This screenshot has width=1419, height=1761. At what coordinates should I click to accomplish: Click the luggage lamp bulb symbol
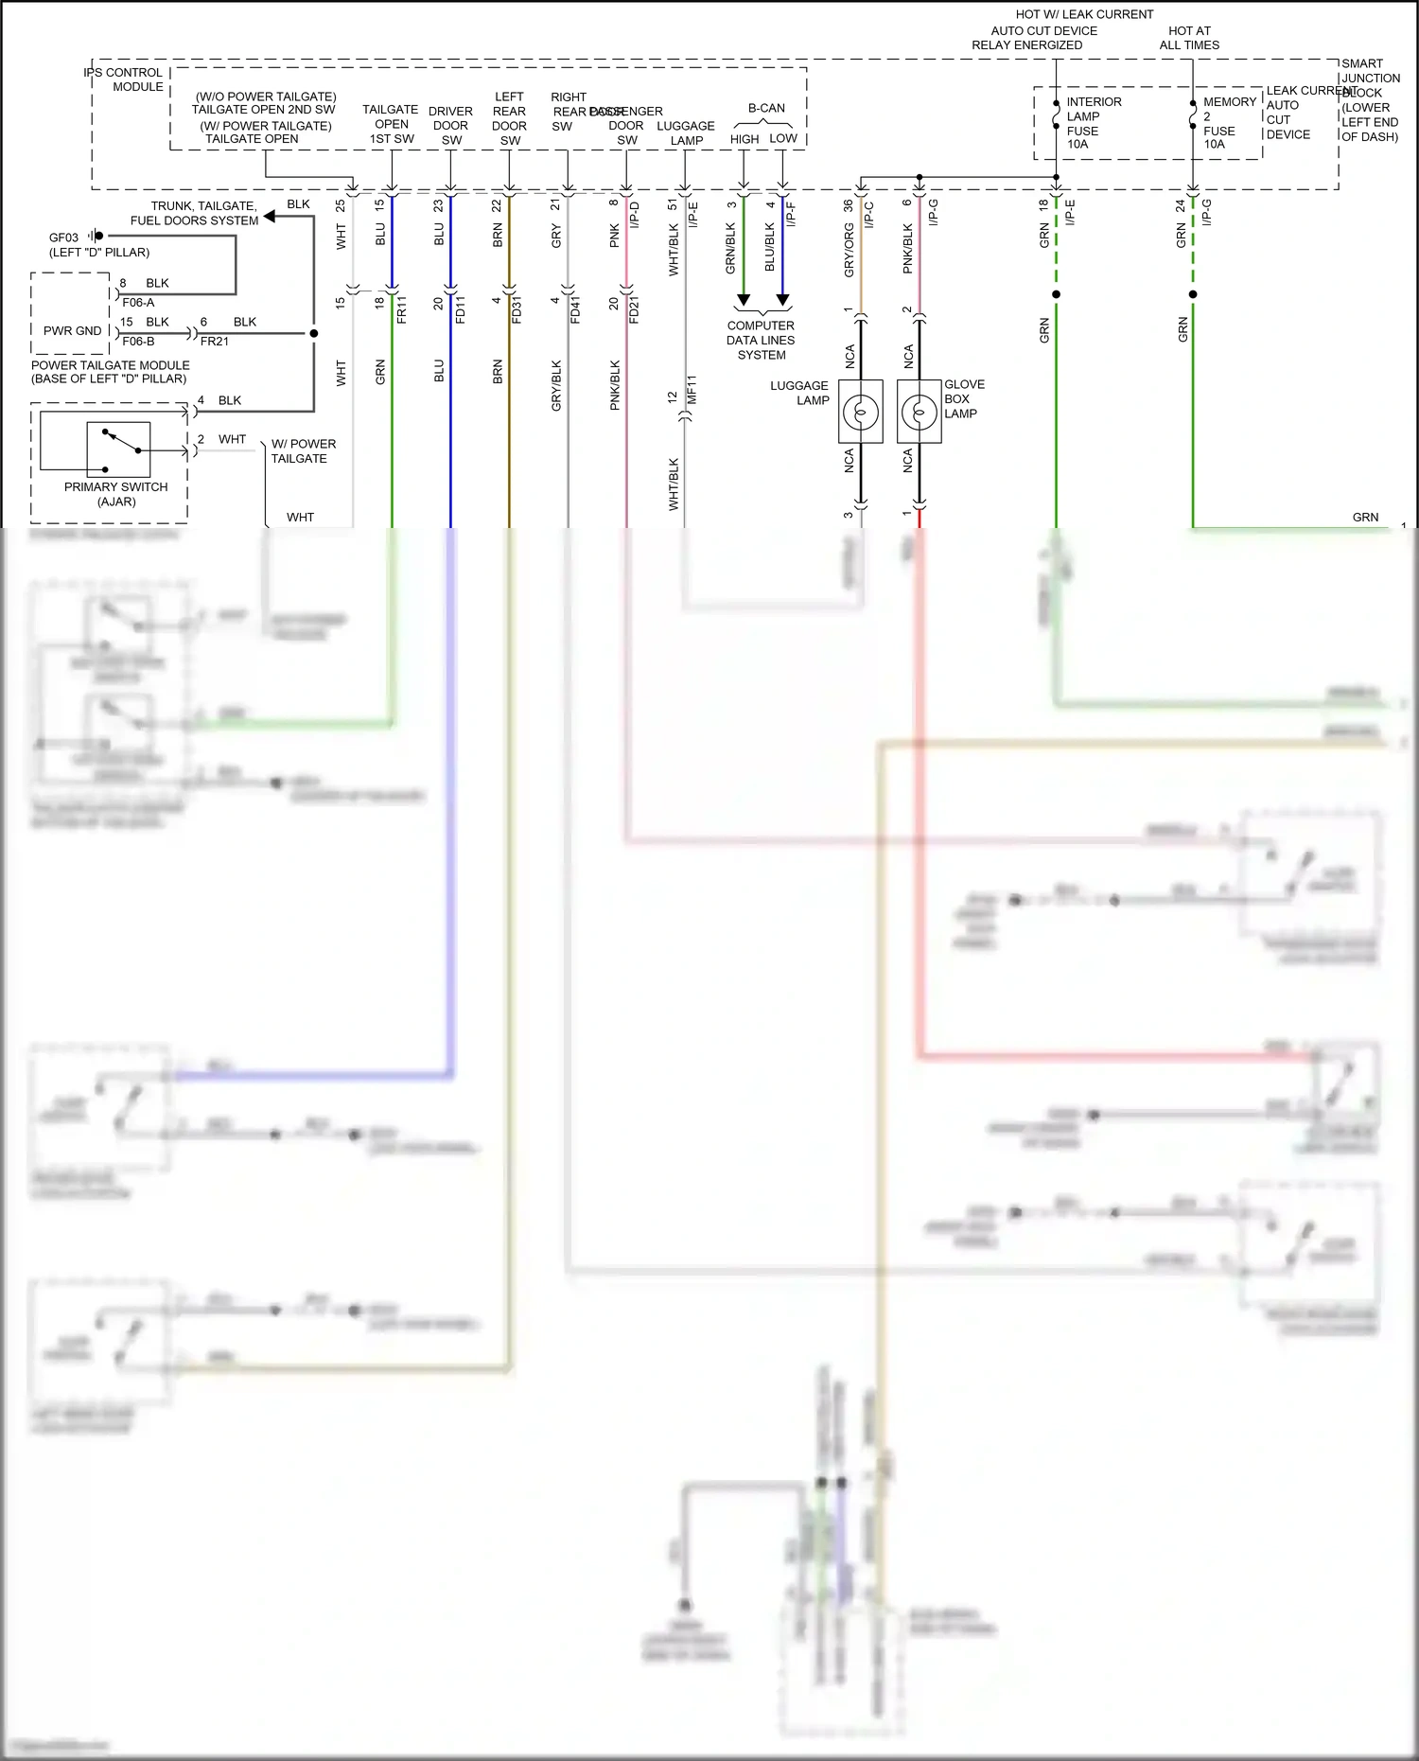click(x=861, y=412)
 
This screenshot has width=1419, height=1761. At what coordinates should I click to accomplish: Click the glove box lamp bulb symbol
click(x=919, y=412)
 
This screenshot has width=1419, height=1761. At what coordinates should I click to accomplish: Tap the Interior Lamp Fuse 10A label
click(x=1093, y=123)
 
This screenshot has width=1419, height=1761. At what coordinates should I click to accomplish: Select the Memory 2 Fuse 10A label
click(x=1228, y=123)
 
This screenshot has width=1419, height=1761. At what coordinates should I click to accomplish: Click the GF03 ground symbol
click(x=96, y=236)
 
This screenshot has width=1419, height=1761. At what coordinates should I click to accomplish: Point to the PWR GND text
click(x=72, y=330)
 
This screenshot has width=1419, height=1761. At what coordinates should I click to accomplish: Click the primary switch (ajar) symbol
click(x=118, y=449)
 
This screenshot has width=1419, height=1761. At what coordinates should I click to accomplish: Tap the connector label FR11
click(x=401, y=309)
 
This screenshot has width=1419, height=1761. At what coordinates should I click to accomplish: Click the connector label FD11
click(x=460, y=309)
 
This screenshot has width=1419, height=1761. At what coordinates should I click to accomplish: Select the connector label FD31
click(x=517, y=309)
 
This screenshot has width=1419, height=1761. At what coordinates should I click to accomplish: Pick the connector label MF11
click(x=692, y=389)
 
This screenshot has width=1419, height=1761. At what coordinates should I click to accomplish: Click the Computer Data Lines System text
click(x=761, y=340)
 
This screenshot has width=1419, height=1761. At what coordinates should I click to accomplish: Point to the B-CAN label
click(x=766, y=108)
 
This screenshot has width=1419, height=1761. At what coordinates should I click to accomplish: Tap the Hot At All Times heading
click(x=1189, y=38)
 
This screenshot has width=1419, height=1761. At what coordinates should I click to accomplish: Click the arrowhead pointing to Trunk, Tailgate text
click(x=270, y=217)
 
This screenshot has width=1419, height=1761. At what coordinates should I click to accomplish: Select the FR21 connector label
click(x=215, y=342)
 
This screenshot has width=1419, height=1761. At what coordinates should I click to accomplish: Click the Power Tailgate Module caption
click(x=110, y=372)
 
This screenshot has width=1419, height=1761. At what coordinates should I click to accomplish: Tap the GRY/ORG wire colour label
click(x=849, y=250)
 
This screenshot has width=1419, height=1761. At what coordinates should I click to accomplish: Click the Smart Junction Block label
click(x=1370, y=99)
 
